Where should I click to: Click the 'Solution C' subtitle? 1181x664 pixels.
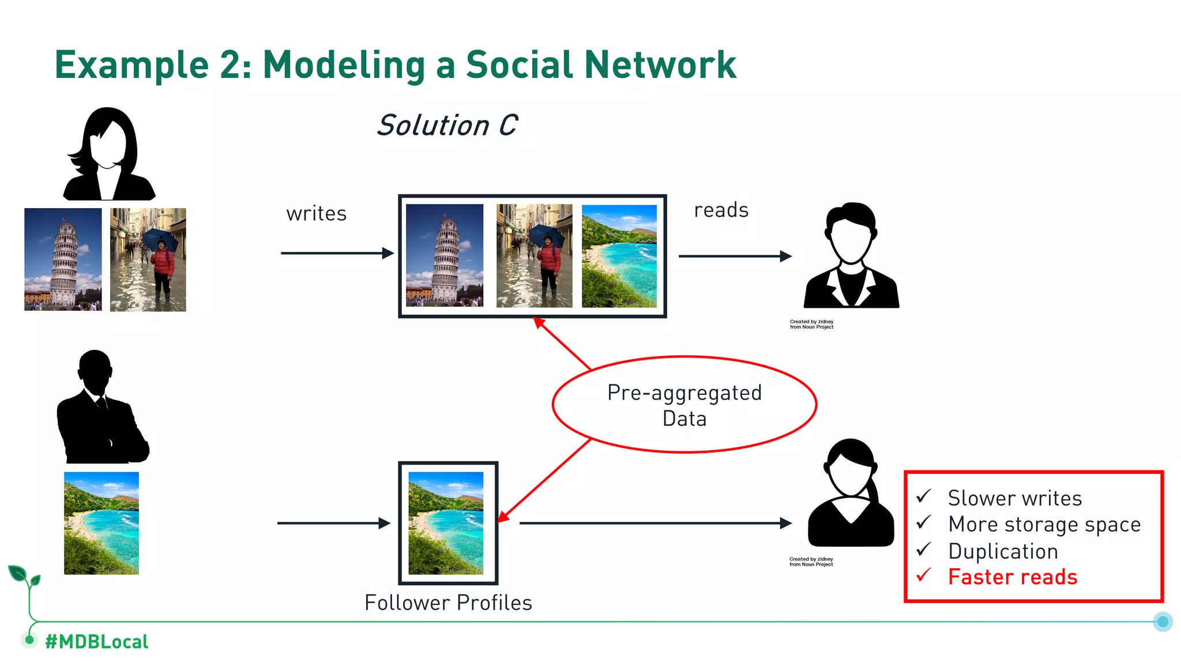pyautogui.click(x=447, y=126)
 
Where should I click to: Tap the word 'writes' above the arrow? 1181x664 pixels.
pyautogui.click(x=317, y=214)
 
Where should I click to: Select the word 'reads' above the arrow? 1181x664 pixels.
pyautogui.click(x=721, y=210)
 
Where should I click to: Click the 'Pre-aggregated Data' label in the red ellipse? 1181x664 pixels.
pyautogui.click(x=684, y=405)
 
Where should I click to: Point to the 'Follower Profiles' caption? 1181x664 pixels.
pyautogui.click(x=448, y=603)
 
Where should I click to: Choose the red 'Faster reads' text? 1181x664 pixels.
pyautogui.click(x=1013, y=577)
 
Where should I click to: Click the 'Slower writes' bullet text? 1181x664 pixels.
pyautogui.click(x=1015, y=498)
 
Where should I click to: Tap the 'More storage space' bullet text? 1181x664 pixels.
pyautogui.click(x=1044, y=525)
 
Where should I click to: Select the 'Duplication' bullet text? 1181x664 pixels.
pyautogui.click(x=1003, y=551)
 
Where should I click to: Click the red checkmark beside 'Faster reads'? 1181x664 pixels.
pyautogui.click(x=924, y=575)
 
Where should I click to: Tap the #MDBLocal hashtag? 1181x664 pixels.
pyautogui.click(x=96, y=642)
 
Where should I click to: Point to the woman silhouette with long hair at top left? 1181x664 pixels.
pyautogui.click(x=108, y=154)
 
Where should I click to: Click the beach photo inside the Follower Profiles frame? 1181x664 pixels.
pyautogui.click(x=446, y=523)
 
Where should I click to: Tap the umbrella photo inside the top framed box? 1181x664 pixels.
pyautogui.click(x=534, y=255)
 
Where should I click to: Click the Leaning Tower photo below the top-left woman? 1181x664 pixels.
pyautogui.click(x=63, y=259)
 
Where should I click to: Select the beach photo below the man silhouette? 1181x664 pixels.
pyautogui.click(x=101, y=523)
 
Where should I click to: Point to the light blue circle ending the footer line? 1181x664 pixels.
pyautogui.click(x=1163, y=621)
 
